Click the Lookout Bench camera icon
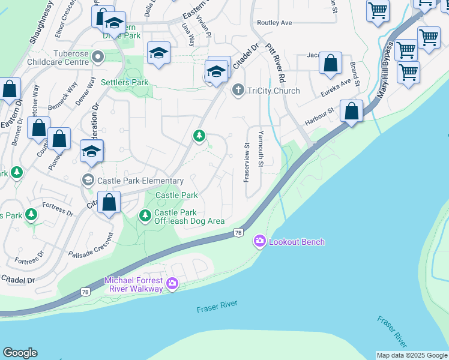(x=259, y=241)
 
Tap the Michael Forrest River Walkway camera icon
(x=172, y=283)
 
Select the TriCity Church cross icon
(x=238, y=91)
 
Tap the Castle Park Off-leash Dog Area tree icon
(x=145, y=215)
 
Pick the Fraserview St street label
(x=246, y=163)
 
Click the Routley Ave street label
(x=274, y=23)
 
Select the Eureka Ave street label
(x=337, y=86)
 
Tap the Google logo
(x=20, y=353)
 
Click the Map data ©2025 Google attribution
(x=412, y=355)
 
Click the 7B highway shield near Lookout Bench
(x=238, y=232)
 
